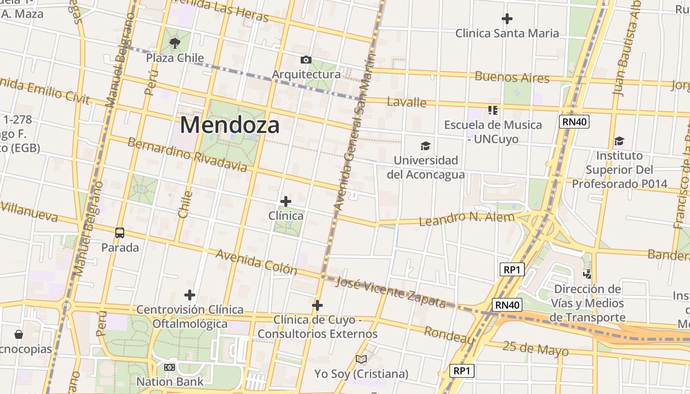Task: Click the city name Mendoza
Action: pos(230,125)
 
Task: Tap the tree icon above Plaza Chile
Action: pos(174,44)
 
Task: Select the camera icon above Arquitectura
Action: pos(306,60)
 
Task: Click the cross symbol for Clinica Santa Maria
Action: pos(507,19)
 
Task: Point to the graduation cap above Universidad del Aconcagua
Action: pos(425,146)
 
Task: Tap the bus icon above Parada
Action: pos(120,233)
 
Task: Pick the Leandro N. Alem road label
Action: pos(466,218)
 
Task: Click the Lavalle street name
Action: pos(407,102)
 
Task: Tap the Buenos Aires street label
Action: pos(512,77)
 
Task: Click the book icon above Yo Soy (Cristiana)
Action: pos(361,360)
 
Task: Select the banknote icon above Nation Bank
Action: pos(170,367)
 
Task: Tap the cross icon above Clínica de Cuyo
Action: pos(317,306)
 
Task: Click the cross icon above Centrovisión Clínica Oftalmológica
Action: pos(190,295)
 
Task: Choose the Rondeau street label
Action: pos(449,335)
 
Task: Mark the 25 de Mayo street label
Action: pos(535,348)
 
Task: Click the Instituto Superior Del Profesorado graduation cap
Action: pos(619,141)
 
